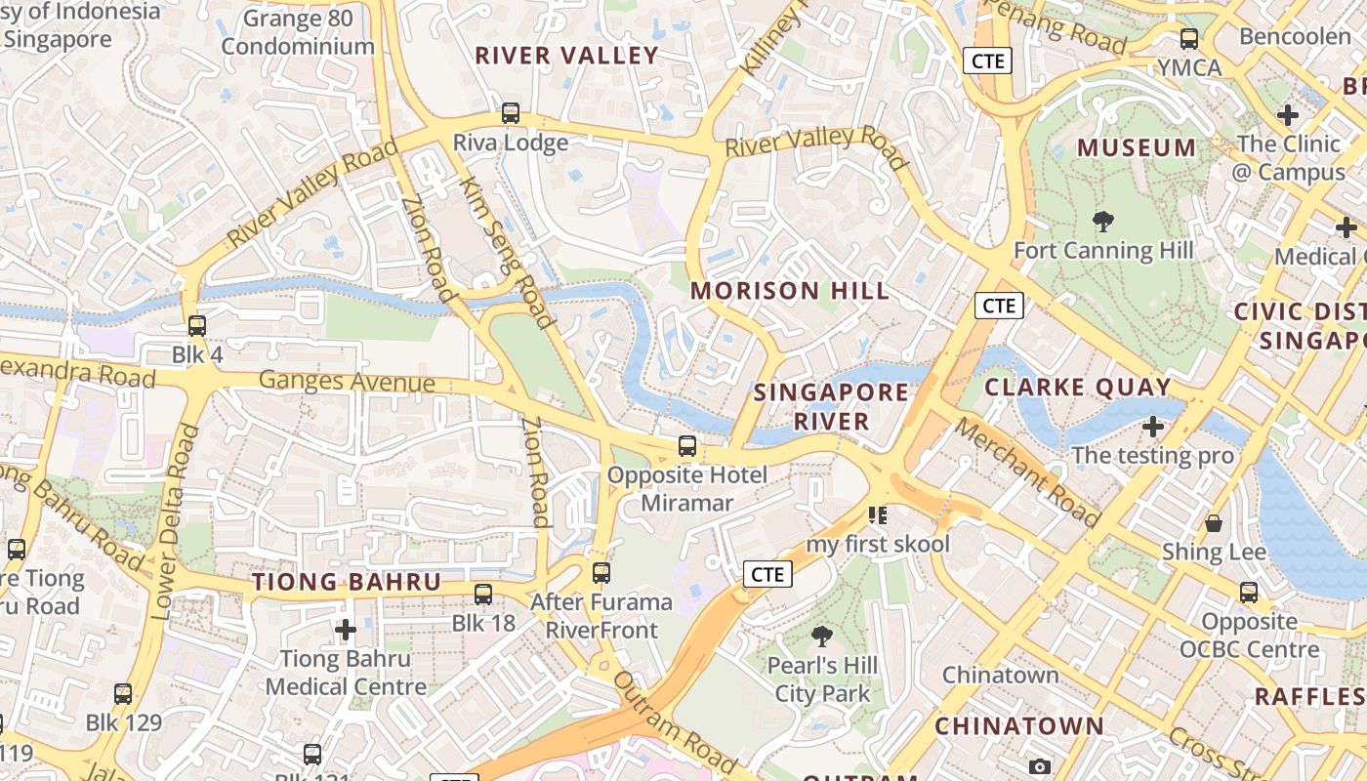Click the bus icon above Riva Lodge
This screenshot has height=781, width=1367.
(510, 113)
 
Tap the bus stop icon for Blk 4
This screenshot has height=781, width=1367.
(197, 326)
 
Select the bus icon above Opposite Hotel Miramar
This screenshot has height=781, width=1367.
(687, 446)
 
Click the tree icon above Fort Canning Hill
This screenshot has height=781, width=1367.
(1103, 222)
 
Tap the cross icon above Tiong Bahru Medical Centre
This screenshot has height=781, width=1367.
(346, 630)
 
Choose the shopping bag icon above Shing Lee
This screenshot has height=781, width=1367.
(1214, 523)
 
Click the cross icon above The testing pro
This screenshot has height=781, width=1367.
(1153, 427)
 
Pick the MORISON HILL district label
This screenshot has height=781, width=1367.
(790, 291)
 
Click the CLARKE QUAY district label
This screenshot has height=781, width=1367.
(1077, 387)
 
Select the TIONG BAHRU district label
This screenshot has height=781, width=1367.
(347, 583)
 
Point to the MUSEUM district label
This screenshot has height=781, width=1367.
(1137, 148)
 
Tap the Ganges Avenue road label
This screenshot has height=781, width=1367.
(347, 381)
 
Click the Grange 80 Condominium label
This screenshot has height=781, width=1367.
(298, 32)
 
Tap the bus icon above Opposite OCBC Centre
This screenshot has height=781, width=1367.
(1249, 592)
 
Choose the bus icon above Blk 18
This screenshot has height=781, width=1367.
(483, 594)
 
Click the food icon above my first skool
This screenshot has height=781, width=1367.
(877, 514)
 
